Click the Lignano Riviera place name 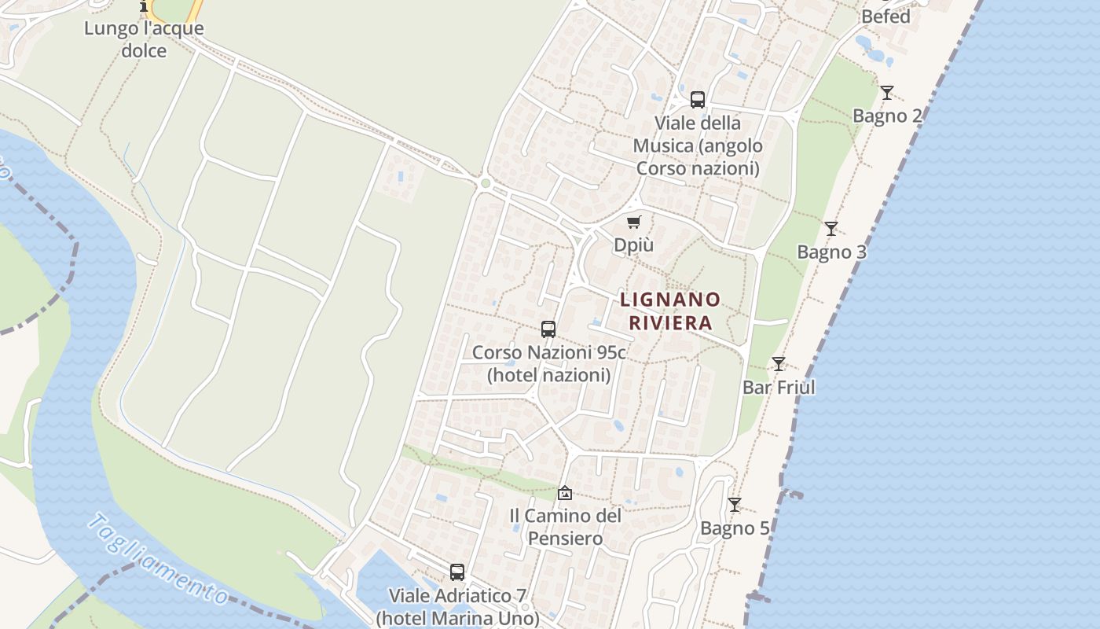(x=670, y=311)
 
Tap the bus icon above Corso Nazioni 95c (x=548, y=329)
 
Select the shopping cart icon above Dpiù (x=634, y=222)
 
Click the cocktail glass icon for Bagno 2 (x=887, y=93)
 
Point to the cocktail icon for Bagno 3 (x=831, y=229)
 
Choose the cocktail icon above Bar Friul (x=779, y=364)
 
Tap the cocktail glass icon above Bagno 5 (x=735, y=505)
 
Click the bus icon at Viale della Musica (x=698, y=100)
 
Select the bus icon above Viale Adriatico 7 (x=457, y=572)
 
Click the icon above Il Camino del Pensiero (x=564, y=493)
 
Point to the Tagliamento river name (x=158, y=559)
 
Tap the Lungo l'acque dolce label (x=144, y=39)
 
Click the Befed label (x=885, y=17)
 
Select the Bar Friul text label (x=779, y=388)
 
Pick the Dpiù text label (x=633, y=245)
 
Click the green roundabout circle (x=486, y=183)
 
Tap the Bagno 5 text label (x=735, y=528)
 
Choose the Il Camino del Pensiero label (x=565, y=527)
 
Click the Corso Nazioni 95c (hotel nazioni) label (x=548, y=363)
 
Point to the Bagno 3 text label (x=831, y=252)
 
